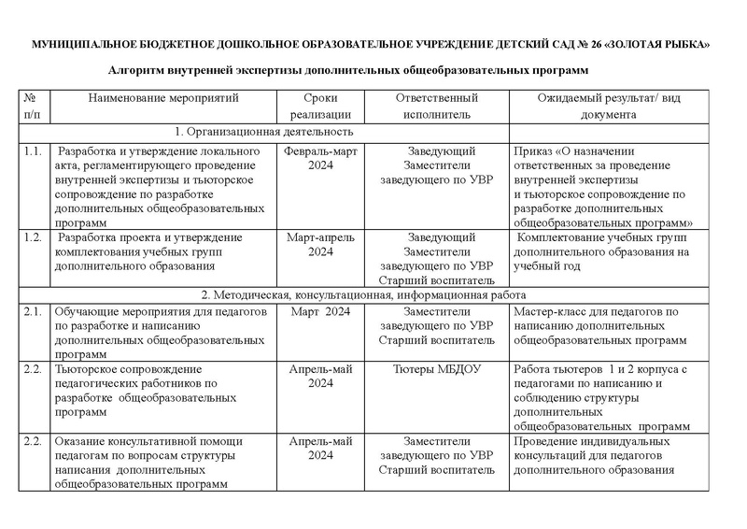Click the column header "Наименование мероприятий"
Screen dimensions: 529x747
164,97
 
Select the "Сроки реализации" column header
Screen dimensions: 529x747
320,106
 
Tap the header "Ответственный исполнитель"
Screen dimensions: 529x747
436,106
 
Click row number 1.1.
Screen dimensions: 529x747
35,150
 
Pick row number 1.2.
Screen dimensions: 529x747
35,238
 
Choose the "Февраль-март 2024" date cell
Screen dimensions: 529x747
320,158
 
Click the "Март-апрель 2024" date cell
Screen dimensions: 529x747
320,245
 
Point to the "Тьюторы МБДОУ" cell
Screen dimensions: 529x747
436,369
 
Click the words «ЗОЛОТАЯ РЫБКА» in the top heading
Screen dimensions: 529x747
659,45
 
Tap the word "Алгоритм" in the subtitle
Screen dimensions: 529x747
138,69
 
